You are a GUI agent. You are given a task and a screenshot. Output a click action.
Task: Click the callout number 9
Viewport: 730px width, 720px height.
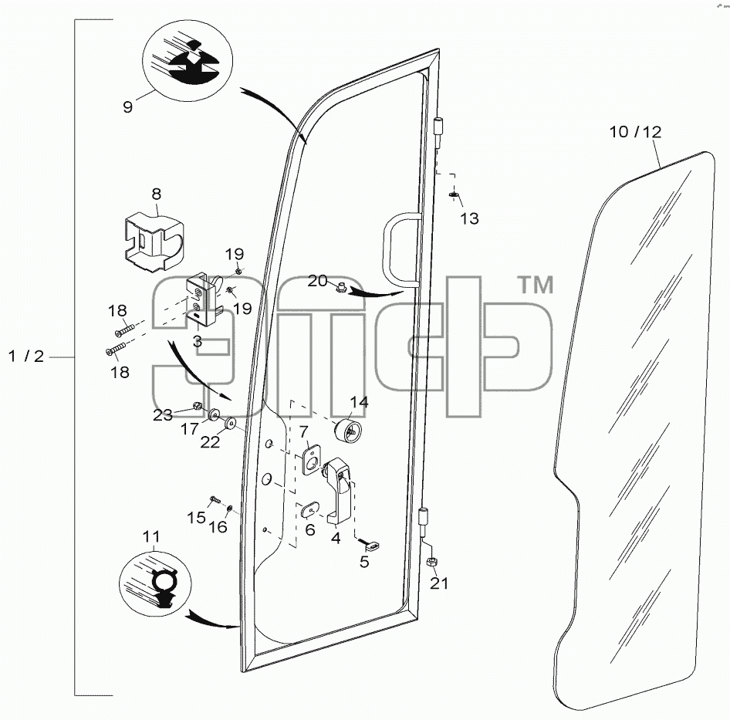tap(127, 106)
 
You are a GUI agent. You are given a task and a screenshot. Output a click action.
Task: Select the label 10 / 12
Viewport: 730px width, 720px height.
tap(636, 132)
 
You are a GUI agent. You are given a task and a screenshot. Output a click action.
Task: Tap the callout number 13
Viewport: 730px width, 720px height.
tap(469, 218)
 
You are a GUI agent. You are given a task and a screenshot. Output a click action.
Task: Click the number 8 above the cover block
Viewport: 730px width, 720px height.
tap(157, 194)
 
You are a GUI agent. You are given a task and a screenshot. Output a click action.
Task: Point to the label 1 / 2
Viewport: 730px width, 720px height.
tap(26, 357)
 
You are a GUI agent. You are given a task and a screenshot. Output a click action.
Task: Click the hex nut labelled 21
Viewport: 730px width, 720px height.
tap(432, 561)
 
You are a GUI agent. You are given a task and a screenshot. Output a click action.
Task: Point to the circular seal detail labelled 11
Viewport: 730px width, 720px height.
tap(155, 584)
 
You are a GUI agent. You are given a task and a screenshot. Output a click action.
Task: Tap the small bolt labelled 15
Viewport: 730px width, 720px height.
tap(215, 500)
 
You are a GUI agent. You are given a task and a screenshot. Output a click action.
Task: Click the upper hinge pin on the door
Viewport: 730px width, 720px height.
tap(438, 134)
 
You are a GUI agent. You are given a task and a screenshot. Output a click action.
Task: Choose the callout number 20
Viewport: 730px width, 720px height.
tap(317, 281)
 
